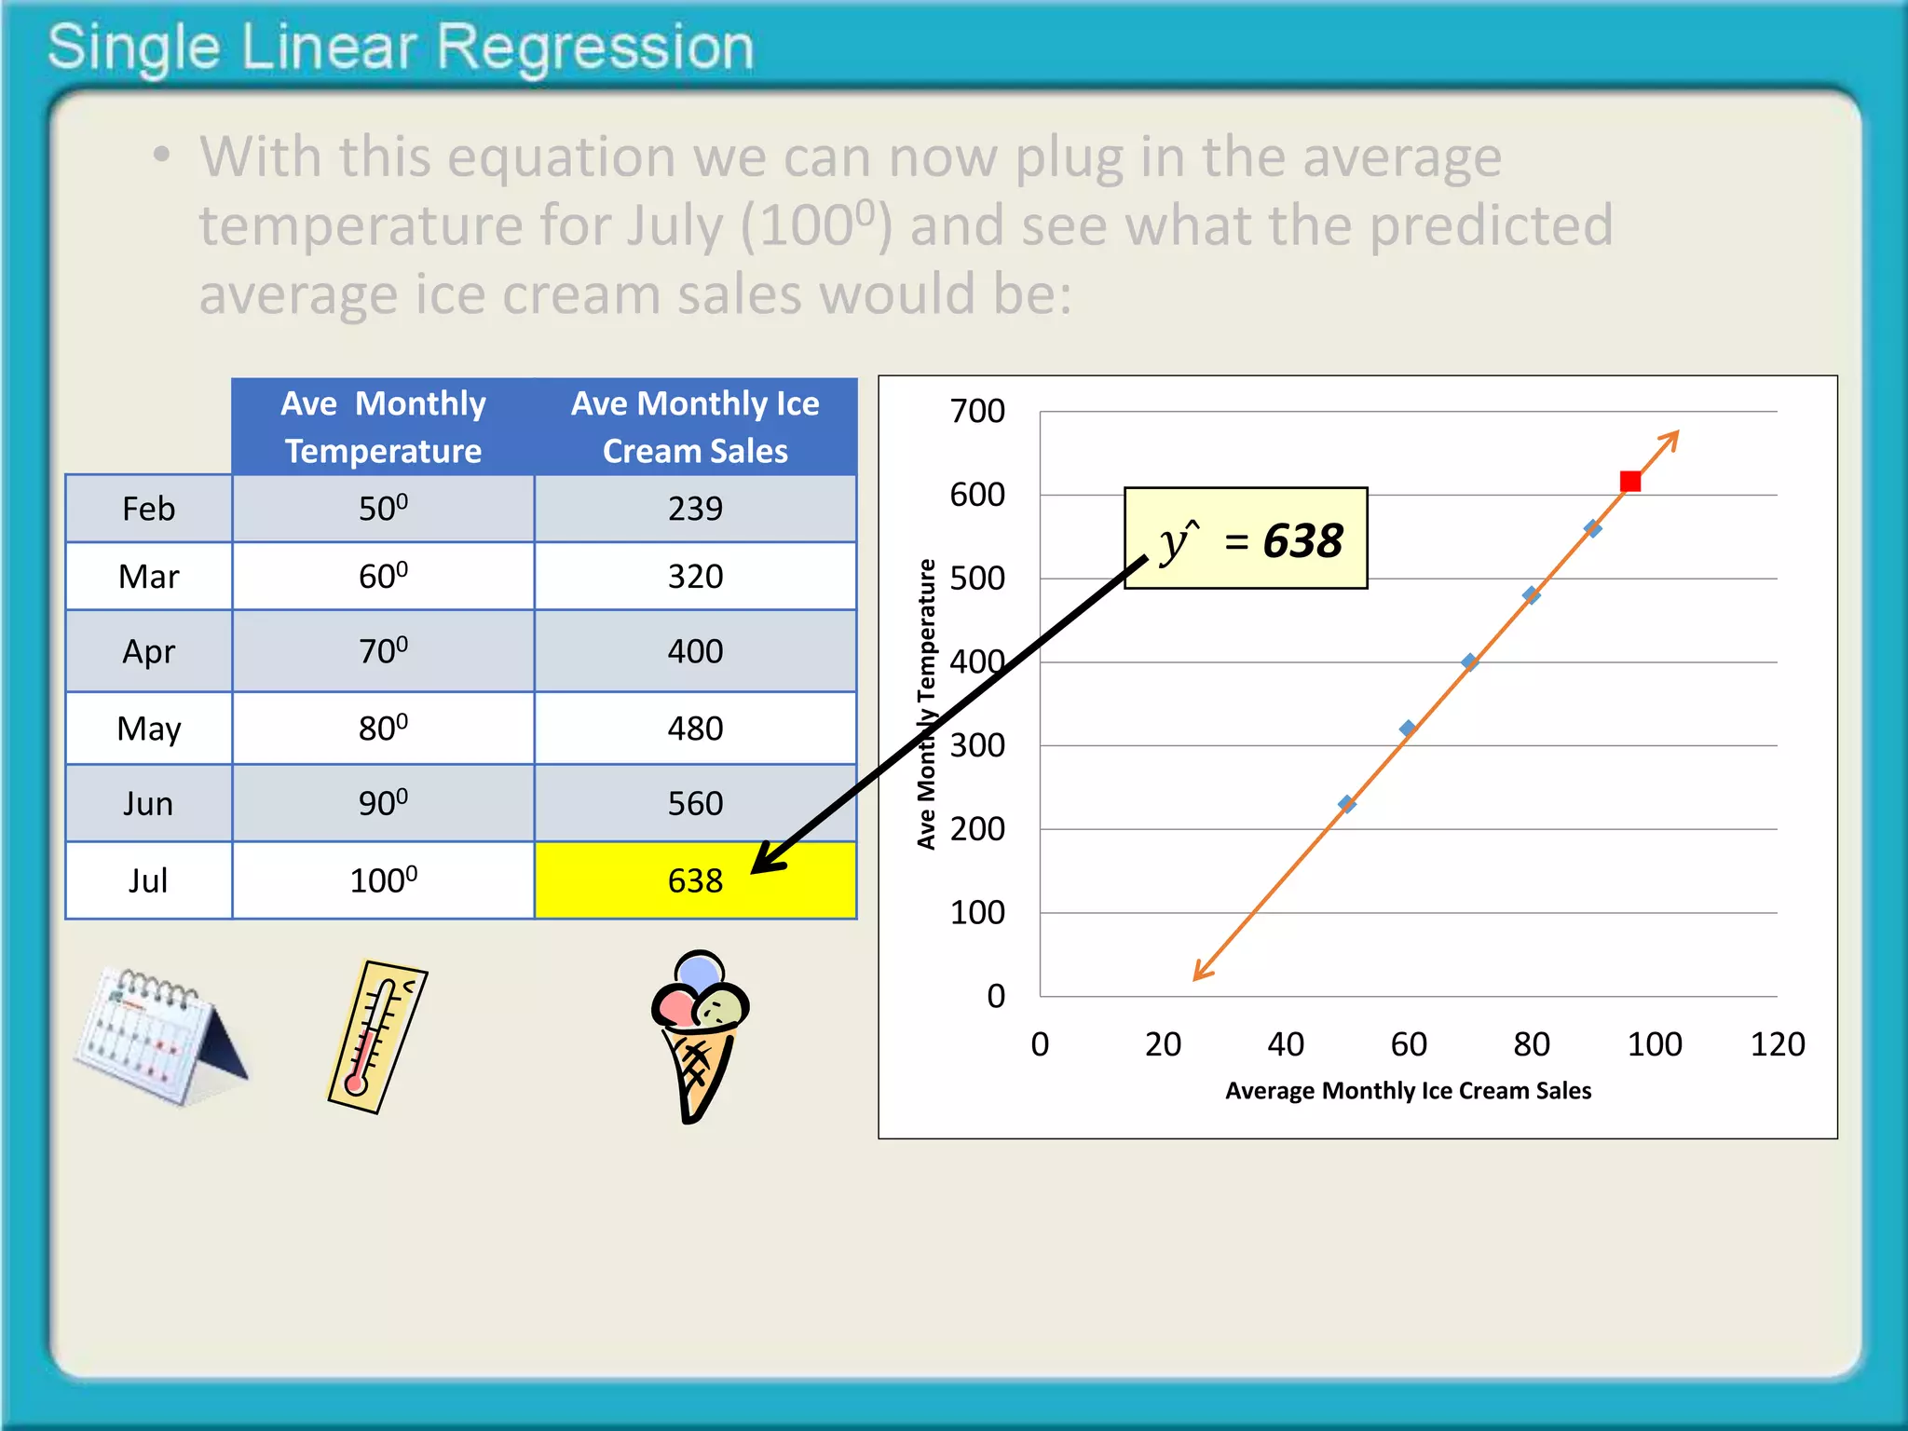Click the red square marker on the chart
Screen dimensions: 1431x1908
(x=1629, y=482)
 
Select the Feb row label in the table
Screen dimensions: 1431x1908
(x=148, y=509)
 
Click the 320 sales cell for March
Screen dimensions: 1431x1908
(x=695, y=577)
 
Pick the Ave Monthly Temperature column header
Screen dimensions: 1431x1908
(x=383, y=427)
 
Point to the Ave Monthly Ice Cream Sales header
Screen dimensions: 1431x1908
(x=695, y=427)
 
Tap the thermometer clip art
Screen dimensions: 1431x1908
(x=377, y=1036)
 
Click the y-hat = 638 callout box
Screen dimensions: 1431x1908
(x=1247, y=539)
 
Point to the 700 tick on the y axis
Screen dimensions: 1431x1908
(x=977, y=411)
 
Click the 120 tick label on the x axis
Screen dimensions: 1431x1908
(x=1777, y=1044)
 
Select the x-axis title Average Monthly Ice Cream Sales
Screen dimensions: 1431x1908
(x=1408, y=1091)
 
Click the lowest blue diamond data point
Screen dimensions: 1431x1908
(x=1346, y=804)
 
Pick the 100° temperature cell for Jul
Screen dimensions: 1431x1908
(x=383, y=881)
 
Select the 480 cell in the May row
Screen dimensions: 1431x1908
(x=695, y=729)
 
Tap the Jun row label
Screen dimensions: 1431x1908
(x=148, y=804)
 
